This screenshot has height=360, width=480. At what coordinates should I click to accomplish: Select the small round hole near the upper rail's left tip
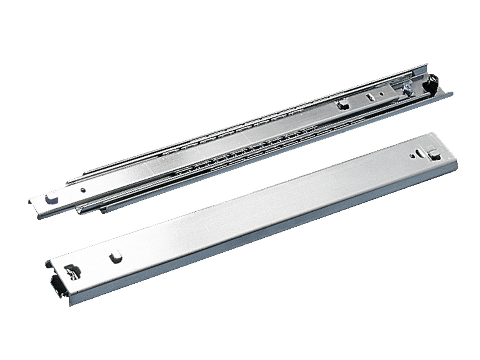(x=83, y=190)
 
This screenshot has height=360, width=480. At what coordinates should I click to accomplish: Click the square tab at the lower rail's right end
(x=434, y=154)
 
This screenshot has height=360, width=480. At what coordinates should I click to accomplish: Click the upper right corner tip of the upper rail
(x=427, y=64)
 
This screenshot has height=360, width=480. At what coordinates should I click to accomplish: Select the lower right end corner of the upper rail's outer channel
(x=452, y=95)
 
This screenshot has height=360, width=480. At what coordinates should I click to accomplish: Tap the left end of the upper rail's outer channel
(x=102, y=210)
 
